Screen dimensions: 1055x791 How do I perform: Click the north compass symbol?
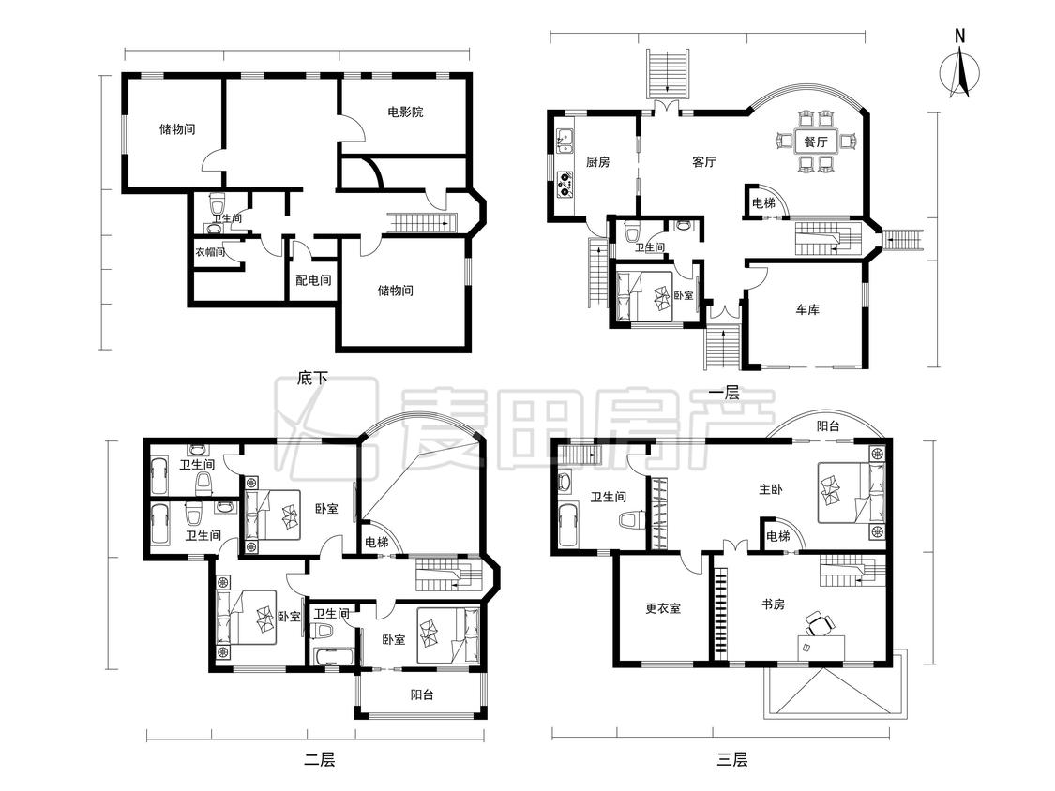(x=960, y=71)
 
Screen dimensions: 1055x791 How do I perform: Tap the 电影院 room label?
(x=405, y=112)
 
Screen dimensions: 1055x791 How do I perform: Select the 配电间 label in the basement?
(x=313, y=280)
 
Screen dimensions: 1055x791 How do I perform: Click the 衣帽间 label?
(x=210, y=252)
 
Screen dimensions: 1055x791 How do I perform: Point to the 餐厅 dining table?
(x=816, y=142)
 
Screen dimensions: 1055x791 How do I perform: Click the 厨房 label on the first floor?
(x=597, y=162)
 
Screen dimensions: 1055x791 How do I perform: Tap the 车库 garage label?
(x=806, y=310)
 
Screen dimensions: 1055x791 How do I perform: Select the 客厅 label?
(x=703, y=162)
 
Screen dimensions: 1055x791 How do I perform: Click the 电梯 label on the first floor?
(x=763, y=203)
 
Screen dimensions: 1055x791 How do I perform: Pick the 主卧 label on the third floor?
(x=771, y=489)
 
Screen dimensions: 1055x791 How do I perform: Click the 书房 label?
(x=773, y=604)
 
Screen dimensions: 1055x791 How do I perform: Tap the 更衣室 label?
(x=663, y=608)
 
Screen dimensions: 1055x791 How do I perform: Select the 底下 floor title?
(x=312, y=378)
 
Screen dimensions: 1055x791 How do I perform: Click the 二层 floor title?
(x=319, y=760)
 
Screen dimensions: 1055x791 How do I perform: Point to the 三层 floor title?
(x=731, y=760)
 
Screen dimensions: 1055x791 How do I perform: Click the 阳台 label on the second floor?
(x=422, y=694)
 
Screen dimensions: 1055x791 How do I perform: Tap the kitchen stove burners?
(x=565, y=185)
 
